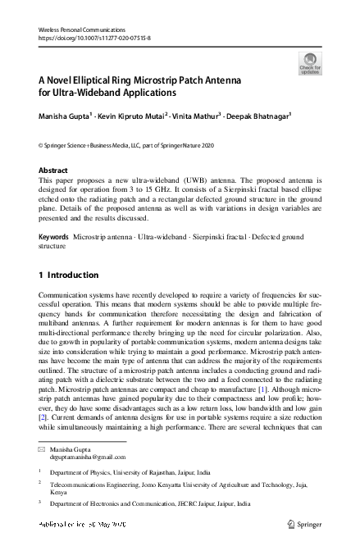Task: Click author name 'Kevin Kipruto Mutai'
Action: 133,117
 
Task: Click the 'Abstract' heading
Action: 53,171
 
